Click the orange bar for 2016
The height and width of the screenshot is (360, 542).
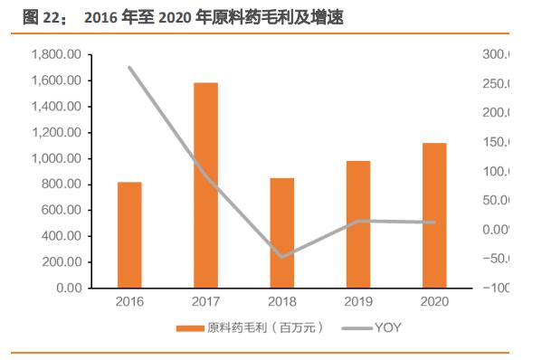pyautogui.click(x=129, y=234)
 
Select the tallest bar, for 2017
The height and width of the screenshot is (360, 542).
pyautogui.click(x=205, y=185)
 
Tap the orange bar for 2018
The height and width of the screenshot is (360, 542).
pyautogui.click(x=282, y=232)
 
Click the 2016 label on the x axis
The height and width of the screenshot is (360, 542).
pyautogui.click(x=129, y=301)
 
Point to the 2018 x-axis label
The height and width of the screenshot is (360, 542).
pyautogui.click(x=282, y=301)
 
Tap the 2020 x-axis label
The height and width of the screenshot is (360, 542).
pyautogui.click(x=434, y=301)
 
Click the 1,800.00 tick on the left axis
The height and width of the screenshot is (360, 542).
pyautogui.click(x=56, y=55)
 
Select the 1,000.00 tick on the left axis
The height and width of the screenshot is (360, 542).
pyautogui.click(x=56, y=158)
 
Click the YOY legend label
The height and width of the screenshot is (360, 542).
pyautogui.click(x=387, y=327)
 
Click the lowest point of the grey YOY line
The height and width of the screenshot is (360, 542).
pyautogui.click(x=282, y=257)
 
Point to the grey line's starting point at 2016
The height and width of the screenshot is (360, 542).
pyautogui.click(x=129, y=68)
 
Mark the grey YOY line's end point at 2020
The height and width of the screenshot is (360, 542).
pyautogui.click(x=434, y=223)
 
